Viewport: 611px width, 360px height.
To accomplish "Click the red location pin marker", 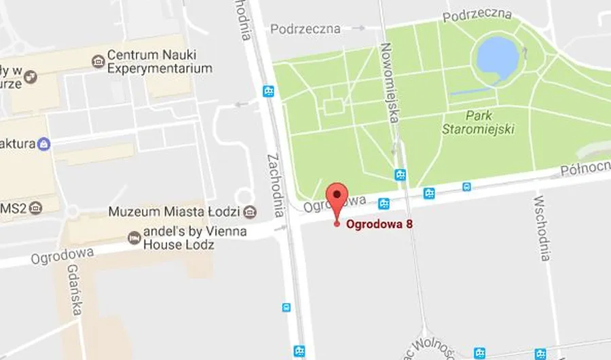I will point(337,197).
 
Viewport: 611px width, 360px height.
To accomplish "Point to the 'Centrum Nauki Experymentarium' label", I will point(160,62).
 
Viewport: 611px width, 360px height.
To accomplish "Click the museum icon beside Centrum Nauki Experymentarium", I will point(98,62).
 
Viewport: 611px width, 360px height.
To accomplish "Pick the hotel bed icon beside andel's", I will point(134,238).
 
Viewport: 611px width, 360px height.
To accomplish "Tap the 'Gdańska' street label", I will point(75,289).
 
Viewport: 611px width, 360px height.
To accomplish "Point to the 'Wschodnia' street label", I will point(542,228).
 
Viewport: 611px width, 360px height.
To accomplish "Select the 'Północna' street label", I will point(585,166).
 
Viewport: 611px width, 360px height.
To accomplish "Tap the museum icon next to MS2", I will point(35,206).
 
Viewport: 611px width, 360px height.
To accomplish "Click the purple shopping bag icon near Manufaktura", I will point(44,144).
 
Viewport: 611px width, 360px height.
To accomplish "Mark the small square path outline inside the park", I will point(333,107).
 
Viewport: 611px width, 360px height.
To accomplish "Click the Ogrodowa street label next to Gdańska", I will point(62,255).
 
